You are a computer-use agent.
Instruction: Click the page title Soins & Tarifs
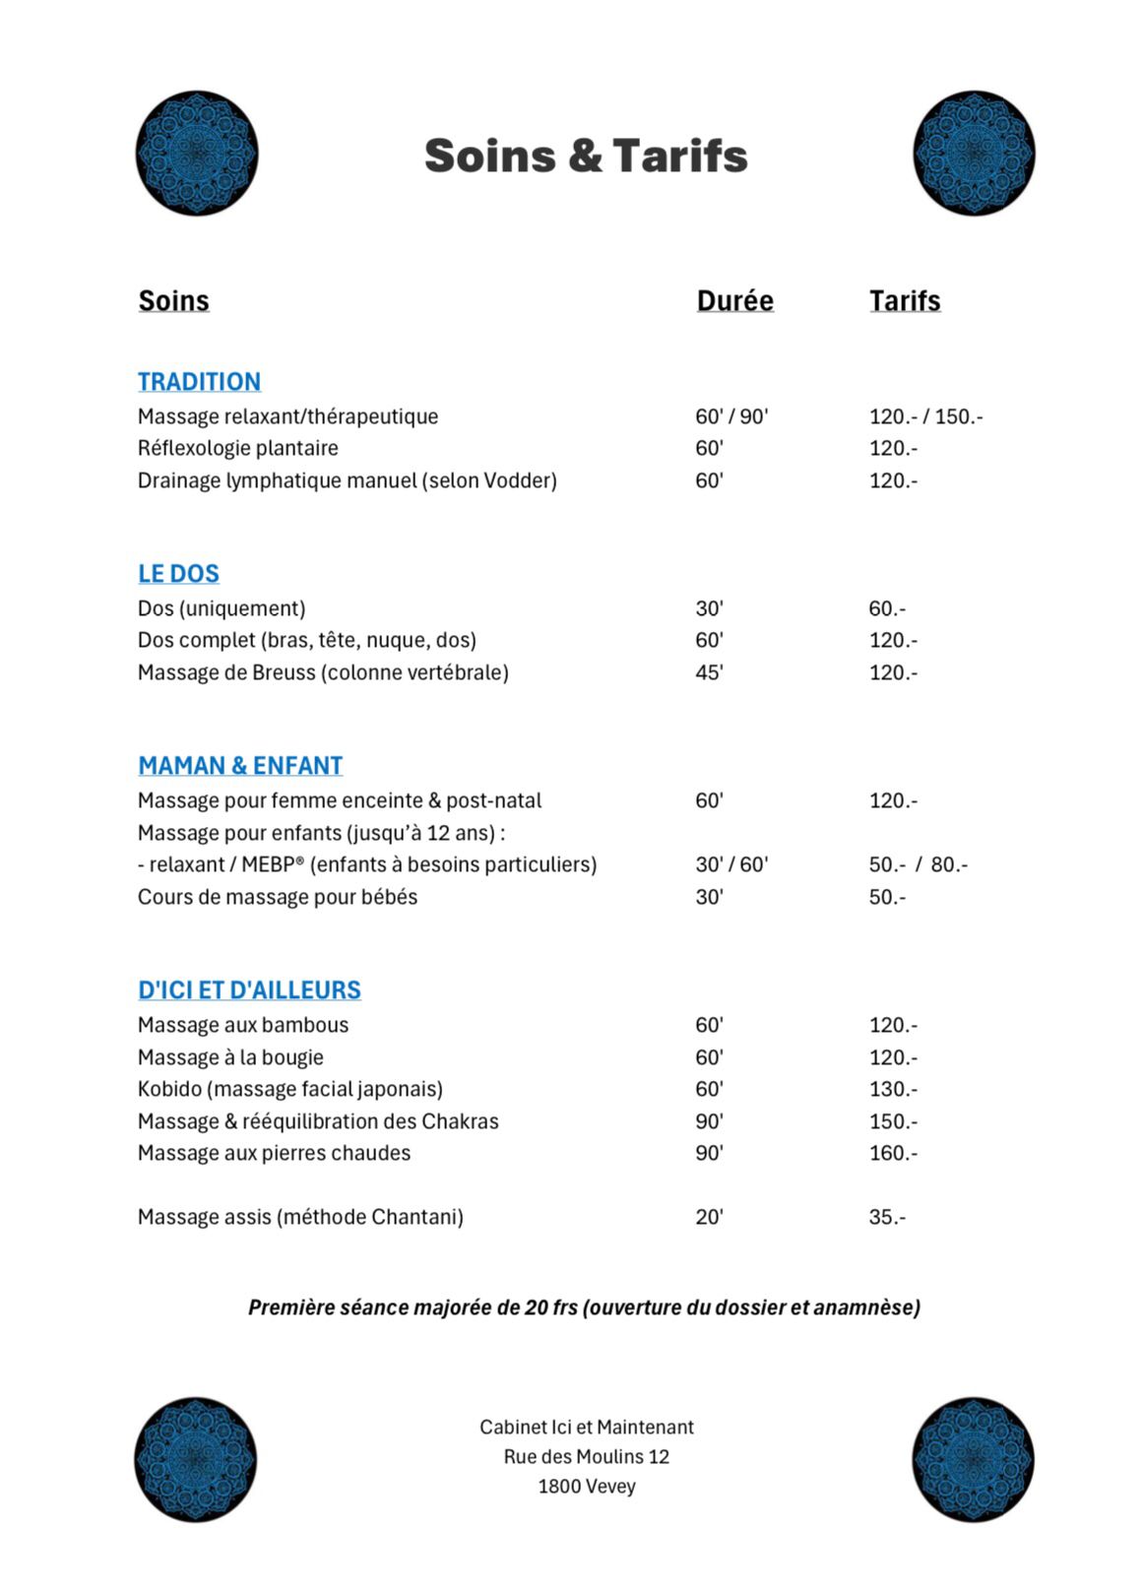tap(586, 156)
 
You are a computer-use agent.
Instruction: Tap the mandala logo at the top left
tap(197, 153)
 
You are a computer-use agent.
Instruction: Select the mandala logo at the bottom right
tap(973, 1459)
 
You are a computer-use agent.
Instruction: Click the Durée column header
tap(734, 300)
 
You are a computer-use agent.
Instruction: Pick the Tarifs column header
tap(904, 300)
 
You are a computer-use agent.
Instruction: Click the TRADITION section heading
tap(199, 381)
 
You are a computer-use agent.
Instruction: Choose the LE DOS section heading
tap(178, 573)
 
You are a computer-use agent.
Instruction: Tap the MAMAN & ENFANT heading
tap(240, 765)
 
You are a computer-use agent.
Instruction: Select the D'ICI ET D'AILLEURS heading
tap(249, 989)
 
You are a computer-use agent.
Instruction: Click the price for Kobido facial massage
tap(892, 1089)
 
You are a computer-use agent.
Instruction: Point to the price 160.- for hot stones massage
tap(892, 1153)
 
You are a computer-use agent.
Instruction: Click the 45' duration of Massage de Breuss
tap(709, 672)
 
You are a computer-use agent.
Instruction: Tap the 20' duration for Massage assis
tap(709, 1217)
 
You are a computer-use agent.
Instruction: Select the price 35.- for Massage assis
tap(886, 1217)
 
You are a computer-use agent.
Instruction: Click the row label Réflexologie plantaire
tap(237, 448)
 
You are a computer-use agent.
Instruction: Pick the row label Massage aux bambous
tap(243, 1025)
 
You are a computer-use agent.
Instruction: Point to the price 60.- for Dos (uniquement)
tap(886, 608)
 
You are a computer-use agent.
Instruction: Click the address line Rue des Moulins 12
tap(586, 1456)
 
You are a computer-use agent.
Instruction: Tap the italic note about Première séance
tap(584, 1307)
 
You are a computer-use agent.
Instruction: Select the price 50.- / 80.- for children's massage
tap(918, 864)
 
